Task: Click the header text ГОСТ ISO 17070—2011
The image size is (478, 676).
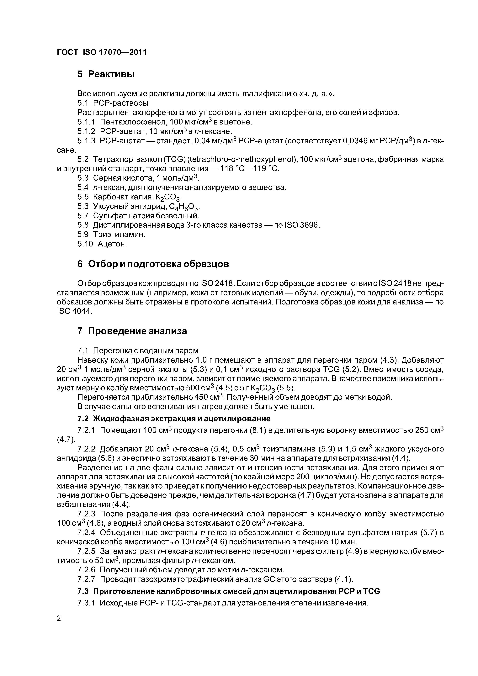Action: [x=101, y=52]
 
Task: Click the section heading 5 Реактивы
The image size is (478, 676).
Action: [x=106, y=74]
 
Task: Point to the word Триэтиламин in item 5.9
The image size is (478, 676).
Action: [x=119, y=235]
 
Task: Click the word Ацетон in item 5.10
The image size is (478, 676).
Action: [x=112, y=244]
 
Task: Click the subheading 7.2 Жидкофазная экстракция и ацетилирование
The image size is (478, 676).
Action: [x=174, y=419]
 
